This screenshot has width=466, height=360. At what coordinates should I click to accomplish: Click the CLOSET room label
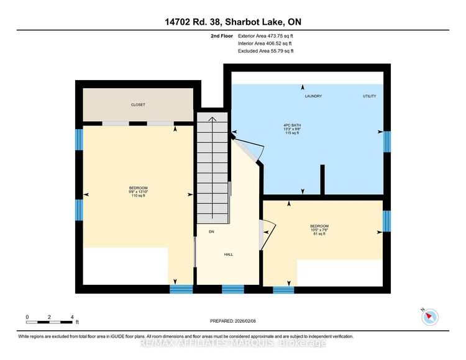(x=138, y=105)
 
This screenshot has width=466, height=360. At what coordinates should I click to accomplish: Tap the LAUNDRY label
(x=313, y=96)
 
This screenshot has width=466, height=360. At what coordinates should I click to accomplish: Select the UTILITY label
(x=370, y=96)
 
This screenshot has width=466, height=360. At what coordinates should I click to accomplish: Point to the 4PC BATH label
(x=292, y=125)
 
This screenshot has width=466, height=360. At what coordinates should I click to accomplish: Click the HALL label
(x=229, y=254)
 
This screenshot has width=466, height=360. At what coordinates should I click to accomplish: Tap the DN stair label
(x=211, y=232)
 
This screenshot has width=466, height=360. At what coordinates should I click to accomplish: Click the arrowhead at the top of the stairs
(x=212, y=119)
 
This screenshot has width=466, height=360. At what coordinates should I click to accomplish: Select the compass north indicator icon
(x=429, y=317)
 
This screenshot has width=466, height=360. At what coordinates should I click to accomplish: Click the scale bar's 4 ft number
(x=72, y=317)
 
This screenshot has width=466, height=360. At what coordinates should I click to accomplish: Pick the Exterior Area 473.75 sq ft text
(x=265, y=36)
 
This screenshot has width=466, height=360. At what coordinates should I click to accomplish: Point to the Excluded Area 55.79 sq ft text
(x=266, y=51)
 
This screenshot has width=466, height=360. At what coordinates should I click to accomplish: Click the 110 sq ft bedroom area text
(x=138, y=196)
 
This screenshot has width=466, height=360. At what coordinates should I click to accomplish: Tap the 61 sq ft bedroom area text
(x=319, y=233)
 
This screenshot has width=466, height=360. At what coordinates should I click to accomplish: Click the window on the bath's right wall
(x=386, y=142)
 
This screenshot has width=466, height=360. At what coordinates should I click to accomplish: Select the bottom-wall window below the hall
(x=233, y=289)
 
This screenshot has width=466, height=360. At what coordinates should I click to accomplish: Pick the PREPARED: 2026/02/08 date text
(x=233, y=321)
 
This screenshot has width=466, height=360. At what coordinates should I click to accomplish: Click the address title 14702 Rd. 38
(x=193, y=22)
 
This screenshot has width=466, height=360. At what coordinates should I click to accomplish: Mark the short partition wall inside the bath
(x=322, y=179)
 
